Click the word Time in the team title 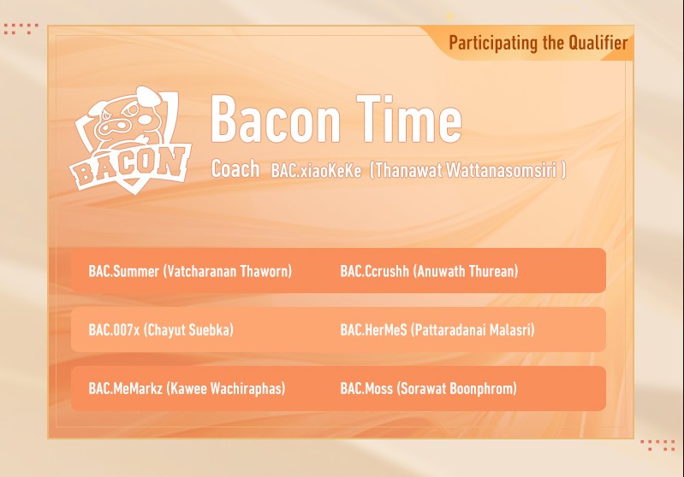(413, 120)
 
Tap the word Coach (235, 169)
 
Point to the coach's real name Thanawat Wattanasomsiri (467, 170)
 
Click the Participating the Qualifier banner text (538, 43)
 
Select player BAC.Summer (123, 272)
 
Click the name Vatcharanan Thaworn (228, 272)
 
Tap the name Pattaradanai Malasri (473, 330)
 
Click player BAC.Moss (366, 388)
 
